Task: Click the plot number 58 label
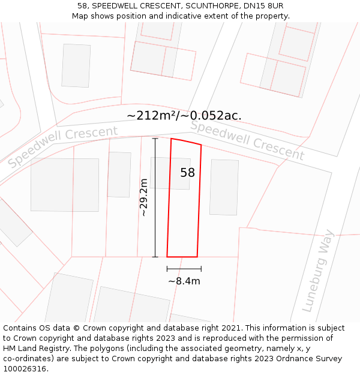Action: (188, 173)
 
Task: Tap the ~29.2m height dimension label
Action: (143, 197)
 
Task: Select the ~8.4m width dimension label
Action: (184, 281)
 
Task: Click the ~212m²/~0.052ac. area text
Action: (184, 116)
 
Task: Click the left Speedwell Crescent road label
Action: (63, 146)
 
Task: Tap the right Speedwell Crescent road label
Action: (247, 140)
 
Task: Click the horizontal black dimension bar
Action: (184, 269)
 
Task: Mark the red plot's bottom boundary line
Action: (182, 257)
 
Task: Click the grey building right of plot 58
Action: (224, 187)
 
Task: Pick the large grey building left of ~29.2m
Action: (65, 185)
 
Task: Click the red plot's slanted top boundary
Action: (186, 142)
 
